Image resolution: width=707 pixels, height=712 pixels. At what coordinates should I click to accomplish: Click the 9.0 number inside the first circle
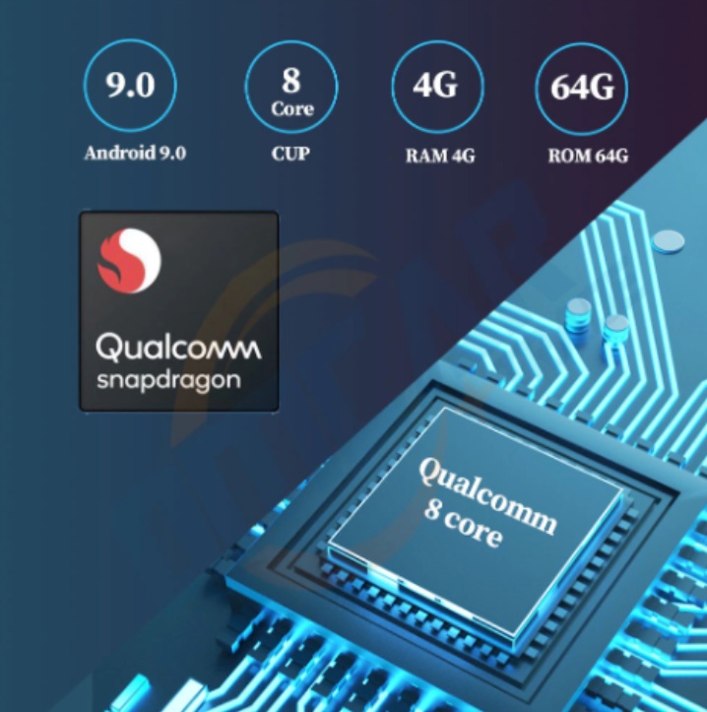click(131, 86)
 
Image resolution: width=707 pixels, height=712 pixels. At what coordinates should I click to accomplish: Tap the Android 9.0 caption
click(135, 154)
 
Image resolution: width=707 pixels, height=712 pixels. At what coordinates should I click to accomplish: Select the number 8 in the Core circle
click(291, 79)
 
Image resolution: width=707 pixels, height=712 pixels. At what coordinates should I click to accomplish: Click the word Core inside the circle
click(291, 108)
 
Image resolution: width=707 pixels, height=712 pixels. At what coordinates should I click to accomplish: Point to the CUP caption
click(290, 154)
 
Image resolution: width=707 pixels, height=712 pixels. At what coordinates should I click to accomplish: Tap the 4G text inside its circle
click(436, 86)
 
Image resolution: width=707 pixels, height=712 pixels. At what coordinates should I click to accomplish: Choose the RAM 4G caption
click(439, 155)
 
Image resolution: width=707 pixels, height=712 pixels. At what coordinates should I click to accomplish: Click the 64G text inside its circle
click(582, 87)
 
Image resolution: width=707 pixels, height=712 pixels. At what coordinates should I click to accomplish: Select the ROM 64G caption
click(588, 155)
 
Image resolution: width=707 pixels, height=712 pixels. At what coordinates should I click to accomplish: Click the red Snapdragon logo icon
click(129, 260)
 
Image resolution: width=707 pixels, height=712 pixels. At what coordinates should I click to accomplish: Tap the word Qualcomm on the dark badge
click(178, 347)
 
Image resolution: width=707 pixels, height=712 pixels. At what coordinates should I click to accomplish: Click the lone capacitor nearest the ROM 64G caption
click(670, 239)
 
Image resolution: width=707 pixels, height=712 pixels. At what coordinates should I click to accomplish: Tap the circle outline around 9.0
click(86, 86)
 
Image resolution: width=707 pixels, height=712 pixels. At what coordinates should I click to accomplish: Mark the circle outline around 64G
click(536, 87)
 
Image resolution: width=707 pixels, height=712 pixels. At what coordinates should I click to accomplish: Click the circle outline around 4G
click(392, 87)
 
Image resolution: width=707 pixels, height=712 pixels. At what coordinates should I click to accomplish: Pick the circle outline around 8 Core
click(246, 87)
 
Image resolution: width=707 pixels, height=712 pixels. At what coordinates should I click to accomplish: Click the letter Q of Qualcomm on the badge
click(108, 347)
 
